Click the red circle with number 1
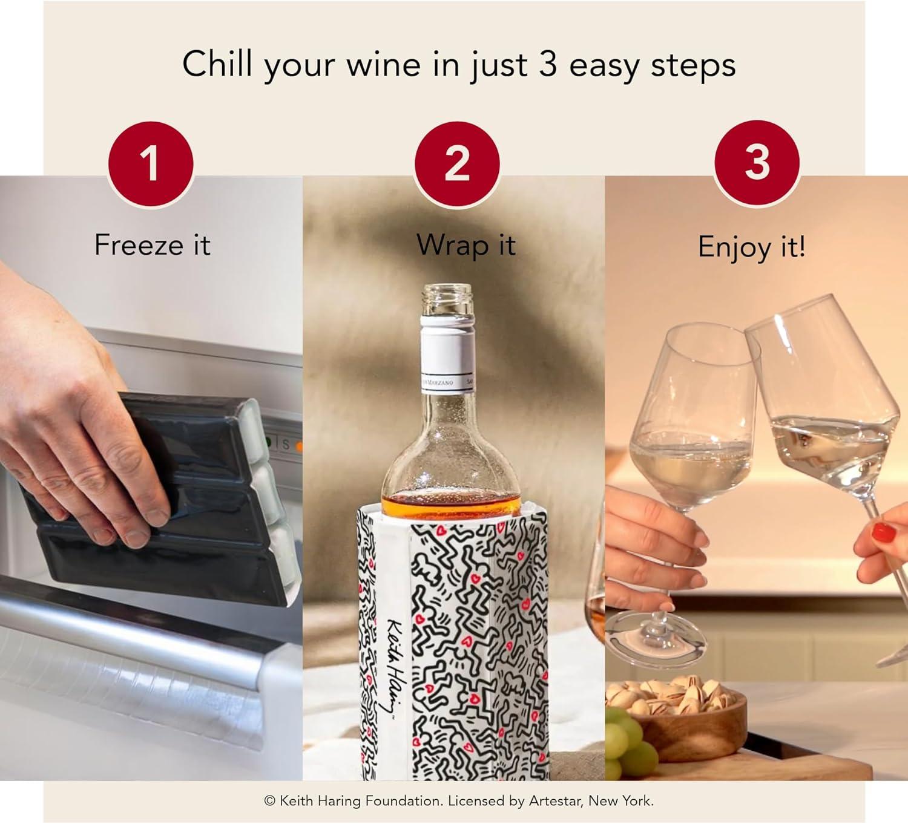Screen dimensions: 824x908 click(151, 163)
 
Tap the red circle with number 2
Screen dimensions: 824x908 click(457, 163)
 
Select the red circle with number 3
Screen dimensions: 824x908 click(757, 162)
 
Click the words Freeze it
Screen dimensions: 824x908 click(152, 245)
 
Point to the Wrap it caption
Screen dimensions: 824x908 click(466, 245)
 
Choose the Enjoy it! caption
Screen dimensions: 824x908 click(751, 247)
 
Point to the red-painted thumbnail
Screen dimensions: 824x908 click(884, 532)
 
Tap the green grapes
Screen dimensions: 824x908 click(627, 747)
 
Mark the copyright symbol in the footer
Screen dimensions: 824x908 click(270, 801)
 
